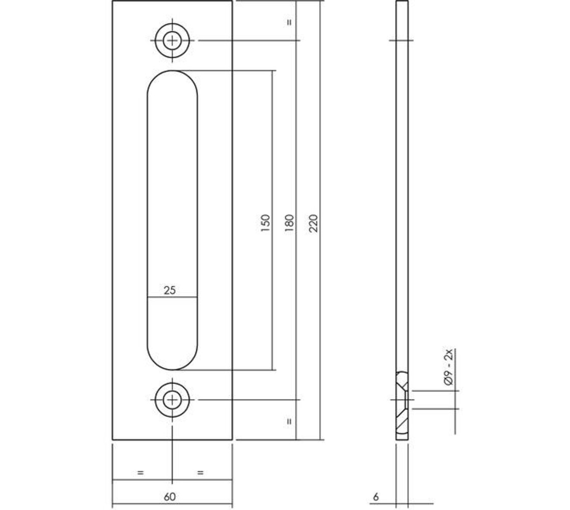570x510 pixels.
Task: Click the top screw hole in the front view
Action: [173, 40]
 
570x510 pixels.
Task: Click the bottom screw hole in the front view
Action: [173, 400]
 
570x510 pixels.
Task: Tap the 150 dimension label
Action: [265, 223]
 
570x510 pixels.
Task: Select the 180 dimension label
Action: [289, 223]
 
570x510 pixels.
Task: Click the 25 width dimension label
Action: [170, 290]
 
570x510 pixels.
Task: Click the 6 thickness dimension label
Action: [376, 496]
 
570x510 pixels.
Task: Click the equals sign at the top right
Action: [289, 22]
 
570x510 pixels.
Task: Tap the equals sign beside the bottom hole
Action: [289, 421]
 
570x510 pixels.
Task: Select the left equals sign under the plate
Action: [141, 473]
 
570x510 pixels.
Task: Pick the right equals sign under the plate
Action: [200, 473]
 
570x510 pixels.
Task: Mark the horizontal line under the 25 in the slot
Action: [172, 297]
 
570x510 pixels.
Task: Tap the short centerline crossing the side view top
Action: [401, 40]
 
